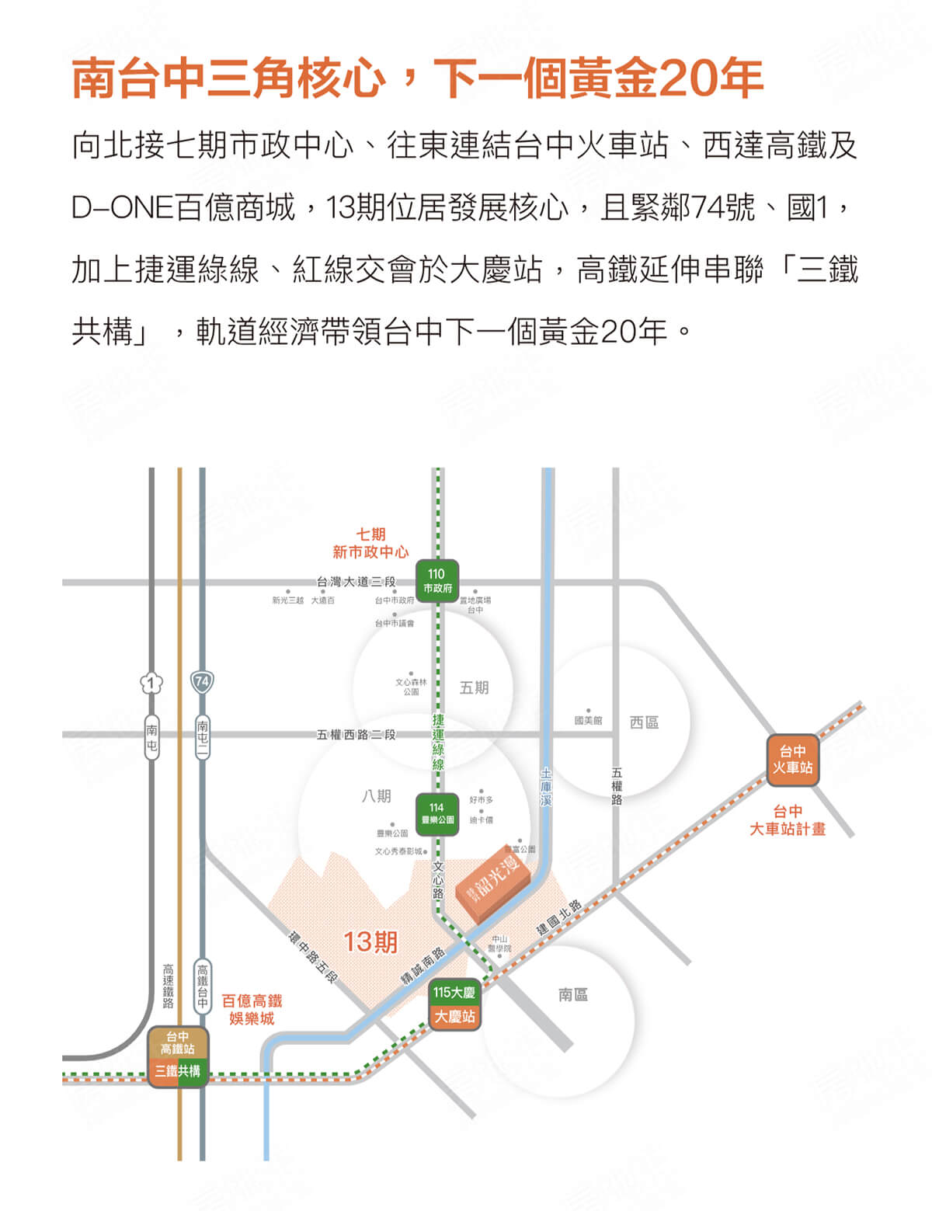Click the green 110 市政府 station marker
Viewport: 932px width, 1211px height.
coord(436,581)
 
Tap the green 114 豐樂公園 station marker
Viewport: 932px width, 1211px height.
coord(437,813)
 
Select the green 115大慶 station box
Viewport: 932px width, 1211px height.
coord(454,992)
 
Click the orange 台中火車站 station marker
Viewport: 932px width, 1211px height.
coord(792,760)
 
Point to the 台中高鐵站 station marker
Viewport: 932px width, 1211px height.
coord(178,1042)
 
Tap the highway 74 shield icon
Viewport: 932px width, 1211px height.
coord(202,682)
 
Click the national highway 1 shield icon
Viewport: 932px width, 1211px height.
coord(151,684)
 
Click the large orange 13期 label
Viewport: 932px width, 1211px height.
coord(370,942)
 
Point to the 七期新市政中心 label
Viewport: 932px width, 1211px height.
coord(370,543)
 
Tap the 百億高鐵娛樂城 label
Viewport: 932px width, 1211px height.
coord(252,1009)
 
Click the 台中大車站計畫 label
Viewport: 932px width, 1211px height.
coord(787,820)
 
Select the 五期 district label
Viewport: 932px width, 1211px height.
coord(474,687)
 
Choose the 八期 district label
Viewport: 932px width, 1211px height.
coord(377,796)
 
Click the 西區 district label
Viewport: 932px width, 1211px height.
coord(644,722)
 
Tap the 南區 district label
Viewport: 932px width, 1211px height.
coord(573,994)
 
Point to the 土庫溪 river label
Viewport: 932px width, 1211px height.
coord(546,786)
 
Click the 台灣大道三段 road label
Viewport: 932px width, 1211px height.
coord(356,582)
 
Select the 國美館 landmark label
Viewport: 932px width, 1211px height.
coord(588,721)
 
